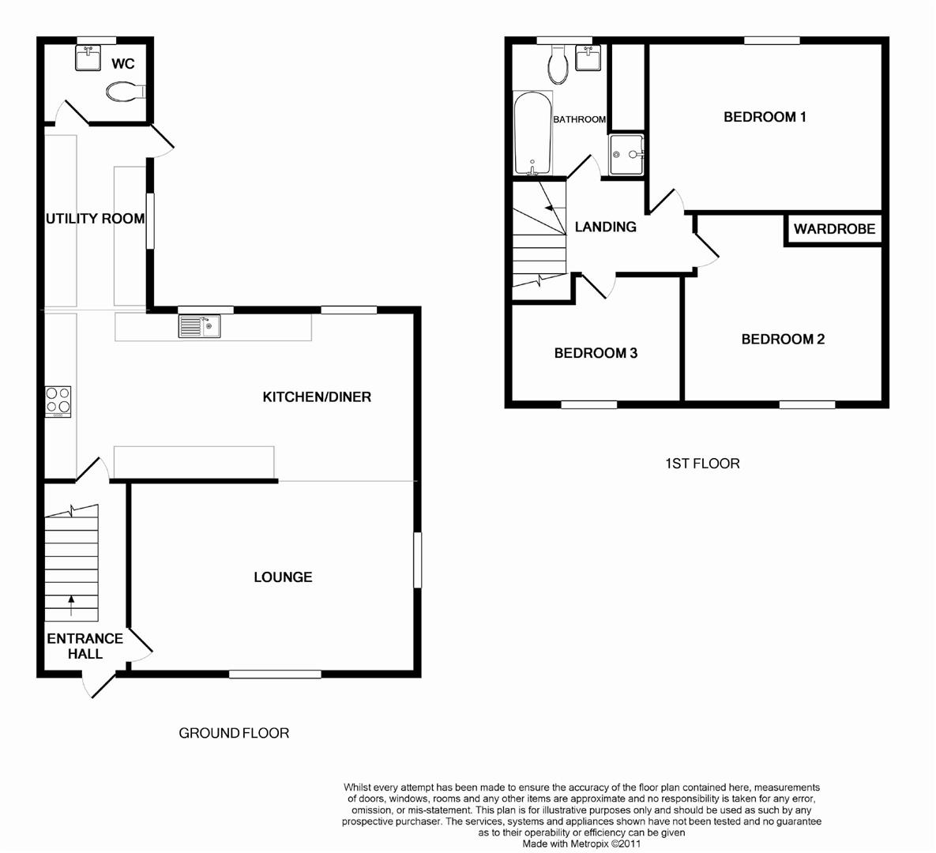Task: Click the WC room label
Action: [x=123, y=64]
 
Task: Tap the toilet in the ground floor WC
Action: [x=125, y=93]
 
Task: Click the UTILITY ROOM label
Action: [x=95, y=219]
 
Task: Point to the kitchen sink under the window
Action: [x=200, y=326]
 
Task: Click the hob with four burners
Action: [x=58, y=400]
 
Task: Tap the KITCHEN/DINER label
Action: [x=317, y=396]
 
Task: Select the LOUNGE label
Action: [x=283, y=577]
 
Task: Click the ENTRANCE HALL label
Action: [x=85, y=646]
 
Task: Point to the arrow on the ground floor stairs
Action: [x=72, y=606]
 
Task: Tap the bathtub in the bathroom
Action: [x=531, y=133]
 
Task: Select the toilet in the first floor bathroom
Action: [x=559, y=66]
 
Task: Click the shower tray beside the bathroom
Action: [x=628, y=154]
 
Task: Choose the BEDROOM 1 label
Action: [x=765, y=117]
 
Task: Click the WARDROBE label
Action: [x=834, y=230]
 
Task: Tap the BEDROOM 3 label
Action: [x=596, y=353]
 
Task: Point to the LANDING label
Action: [x=605, y=227]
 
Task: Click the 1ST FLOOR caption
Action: [x=702, y=464]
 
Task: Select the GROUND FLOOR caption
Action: [x=234, y=733]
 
